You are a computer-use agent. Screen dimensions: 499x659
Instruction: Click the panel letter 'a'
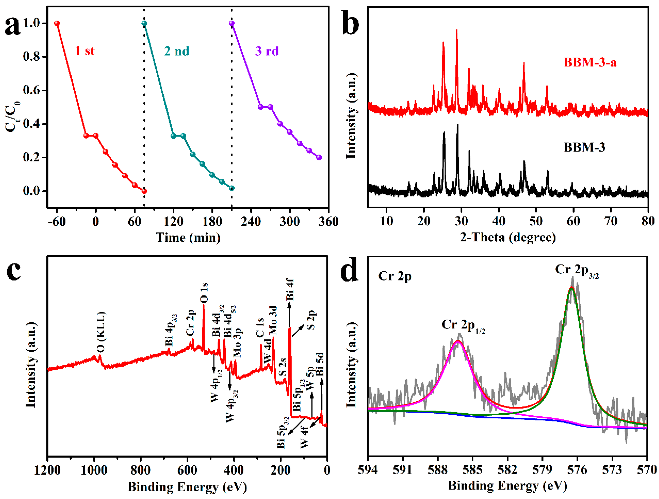point(12,26)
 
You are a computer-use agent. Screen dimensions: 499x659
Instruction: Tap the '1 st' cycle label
point(85,51)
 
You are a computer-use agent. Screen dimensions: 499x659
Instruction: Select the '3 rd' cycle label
point(267,51)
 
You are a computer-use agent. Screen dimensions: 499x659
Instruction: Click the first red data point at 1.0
point(57,23)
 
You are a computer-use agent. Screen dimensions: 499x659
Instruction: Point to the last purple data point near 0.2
point(319,157)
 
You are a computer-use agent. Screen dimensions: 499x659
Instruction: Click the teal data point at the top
point(144,23)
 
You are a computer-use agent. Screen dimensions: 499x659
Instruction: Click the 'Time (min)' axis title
point(188,237)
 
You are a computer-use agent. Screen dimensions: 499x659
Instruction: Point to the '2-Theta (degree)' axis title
point(508,237)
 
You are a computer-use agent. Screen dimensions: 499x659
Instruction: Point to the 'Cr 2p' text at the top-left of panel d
point(394,276)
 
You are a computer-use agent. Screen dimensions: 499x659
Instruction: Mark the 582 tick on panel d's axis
point(507,470)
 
